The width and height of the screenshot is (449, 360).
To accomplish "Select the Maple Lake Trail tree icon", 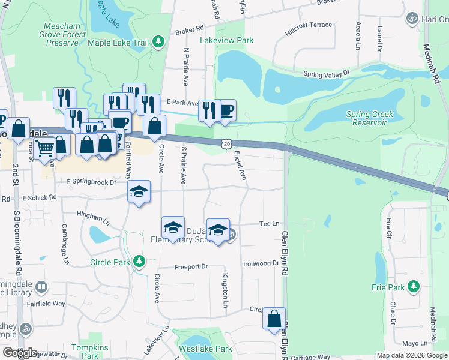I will click(x=158, y=42).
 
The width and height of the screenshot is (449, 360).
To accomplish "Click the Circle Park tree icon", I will click(x=139, y=262).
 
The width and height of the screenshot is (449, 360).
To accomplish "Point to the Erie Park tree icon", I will click(x=413, y=287).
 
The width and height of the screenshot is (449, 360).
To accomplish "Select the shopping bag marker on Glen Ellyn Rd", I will click(x=274, y=319).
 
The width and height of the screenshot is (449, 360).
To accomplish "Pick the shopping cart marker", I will click(x=44, y=147).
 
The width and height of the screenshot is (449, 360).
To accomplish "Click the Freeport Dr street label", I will click(x=191, y=266).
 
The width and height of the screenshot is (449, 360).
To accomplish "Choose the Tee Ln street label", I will click(x=269, y=224).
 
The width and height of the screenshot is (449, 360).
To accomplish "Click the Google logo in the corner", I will click(x=20, y=352).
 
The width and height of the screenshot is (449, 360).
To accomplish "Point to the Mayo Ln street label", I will click(x=414, y=344).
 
